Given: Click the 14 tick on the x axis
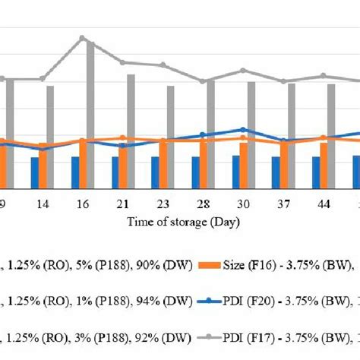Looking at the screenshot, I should point(43,205).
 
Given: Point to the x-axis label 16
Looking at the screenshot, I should point(83,205).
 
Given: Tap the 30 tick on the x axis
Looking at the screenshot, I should point(242,205).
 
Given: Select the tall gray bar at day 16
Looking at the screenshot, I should point(90,114).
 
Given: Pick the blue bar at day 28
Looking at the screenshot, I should point(194,172).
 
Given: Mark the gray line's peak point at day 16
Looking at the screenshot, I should point(83,37).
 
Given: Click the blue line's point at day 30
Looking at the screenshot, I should point(242,130).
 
